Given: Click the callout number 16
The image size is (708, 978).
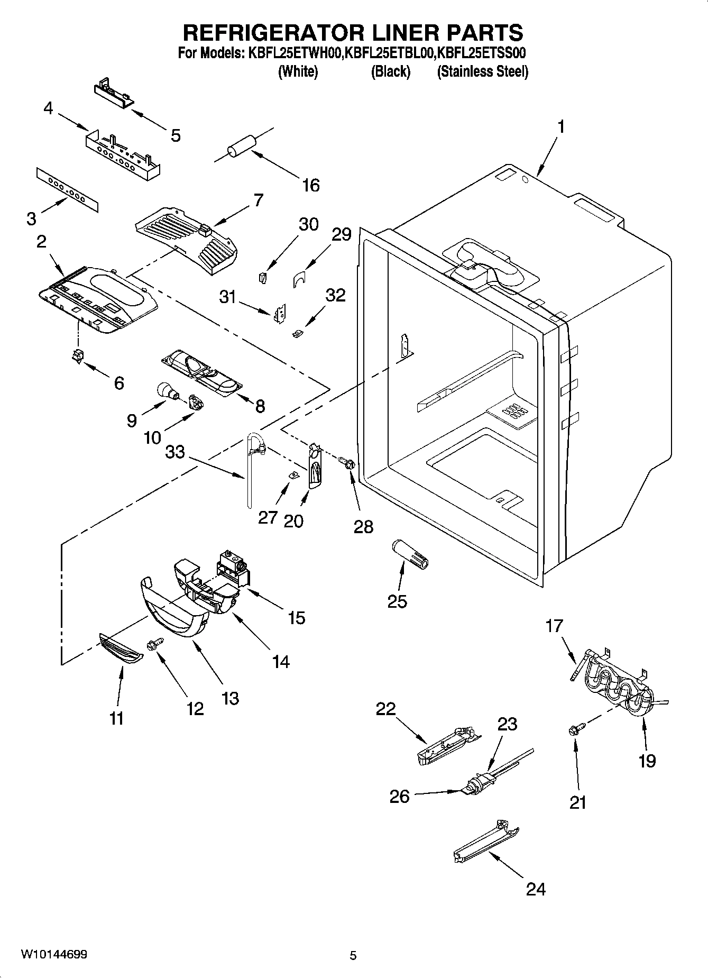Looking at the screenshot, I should coord(311,185).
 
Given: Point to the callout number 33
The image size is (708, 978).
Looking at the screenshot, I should coord(175,452).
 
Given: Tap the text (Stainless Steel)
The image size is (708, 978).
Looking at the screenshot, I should coord(482,72).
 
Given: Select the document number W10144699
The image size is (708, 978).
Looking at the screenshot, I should coord(54,954).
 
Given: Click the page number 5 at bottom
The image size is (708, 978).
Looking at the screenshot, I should coord(353,955).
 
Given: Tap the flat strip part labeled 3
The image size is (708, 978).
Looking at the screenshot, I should coord(68,190).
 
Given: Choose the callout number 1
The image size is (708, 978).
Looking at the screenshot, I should coord(560,127).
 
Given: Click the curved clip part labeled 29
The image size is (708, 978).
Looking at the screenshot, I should coord(300,278).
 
